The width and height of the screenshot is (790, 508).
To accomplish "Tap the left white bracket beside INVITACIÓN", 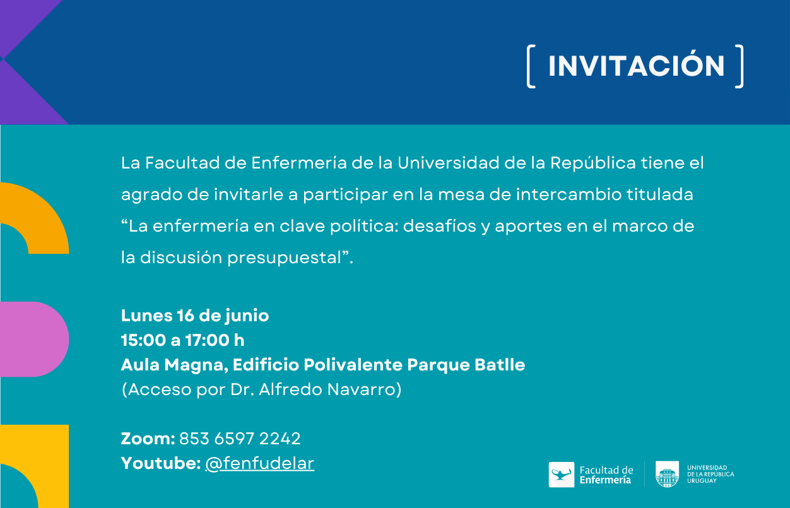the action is (x=531, y=66).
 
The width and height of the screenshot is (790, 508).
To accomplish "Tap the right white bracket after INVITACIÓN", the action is (x=740, y=66).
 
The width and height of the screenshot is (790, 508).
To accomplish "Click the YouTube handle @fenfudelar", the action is (x=259, y=464).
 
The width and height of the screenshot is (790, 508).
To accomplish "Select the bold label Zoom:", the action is (x=148, y=439).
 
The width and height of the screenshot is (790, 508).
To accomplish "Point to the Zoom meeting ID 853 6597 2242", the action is (x=240, y=439).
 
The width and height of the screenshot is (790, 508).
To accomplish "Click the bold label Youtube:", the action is (x=161, y=463).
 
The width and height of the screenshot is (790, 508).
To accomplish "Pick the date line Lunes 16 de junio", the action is (x=195, y=316).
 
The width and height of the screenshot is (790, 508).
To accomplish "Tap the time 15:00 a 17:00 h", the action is (x=183, y=340).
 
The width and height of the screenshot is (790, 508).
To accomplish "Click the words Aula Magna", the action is (x=174, y=365).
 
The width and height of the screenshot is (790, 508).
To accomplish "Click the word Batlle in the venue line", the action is (x=500, y=364).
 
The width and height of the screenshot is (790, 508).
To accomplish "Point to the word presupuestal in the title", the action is (x=284, y=258).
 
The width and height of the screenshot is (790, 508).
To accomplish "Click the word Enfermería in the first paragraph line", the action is (x=299, y=163).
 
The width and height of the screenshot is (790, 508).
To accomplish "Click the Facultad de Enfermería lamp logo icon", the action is (x=562, y=475).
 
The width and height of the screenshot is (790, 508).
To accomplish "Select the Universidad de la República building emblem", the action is (x=667, y=474).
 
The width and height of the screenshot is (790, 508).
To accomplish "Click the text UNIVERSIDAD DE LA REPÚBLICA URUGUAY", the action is (x=710, y=474).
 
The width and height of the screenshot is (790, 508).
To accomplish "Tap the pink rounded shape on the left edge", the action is (x=34, y=340).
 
